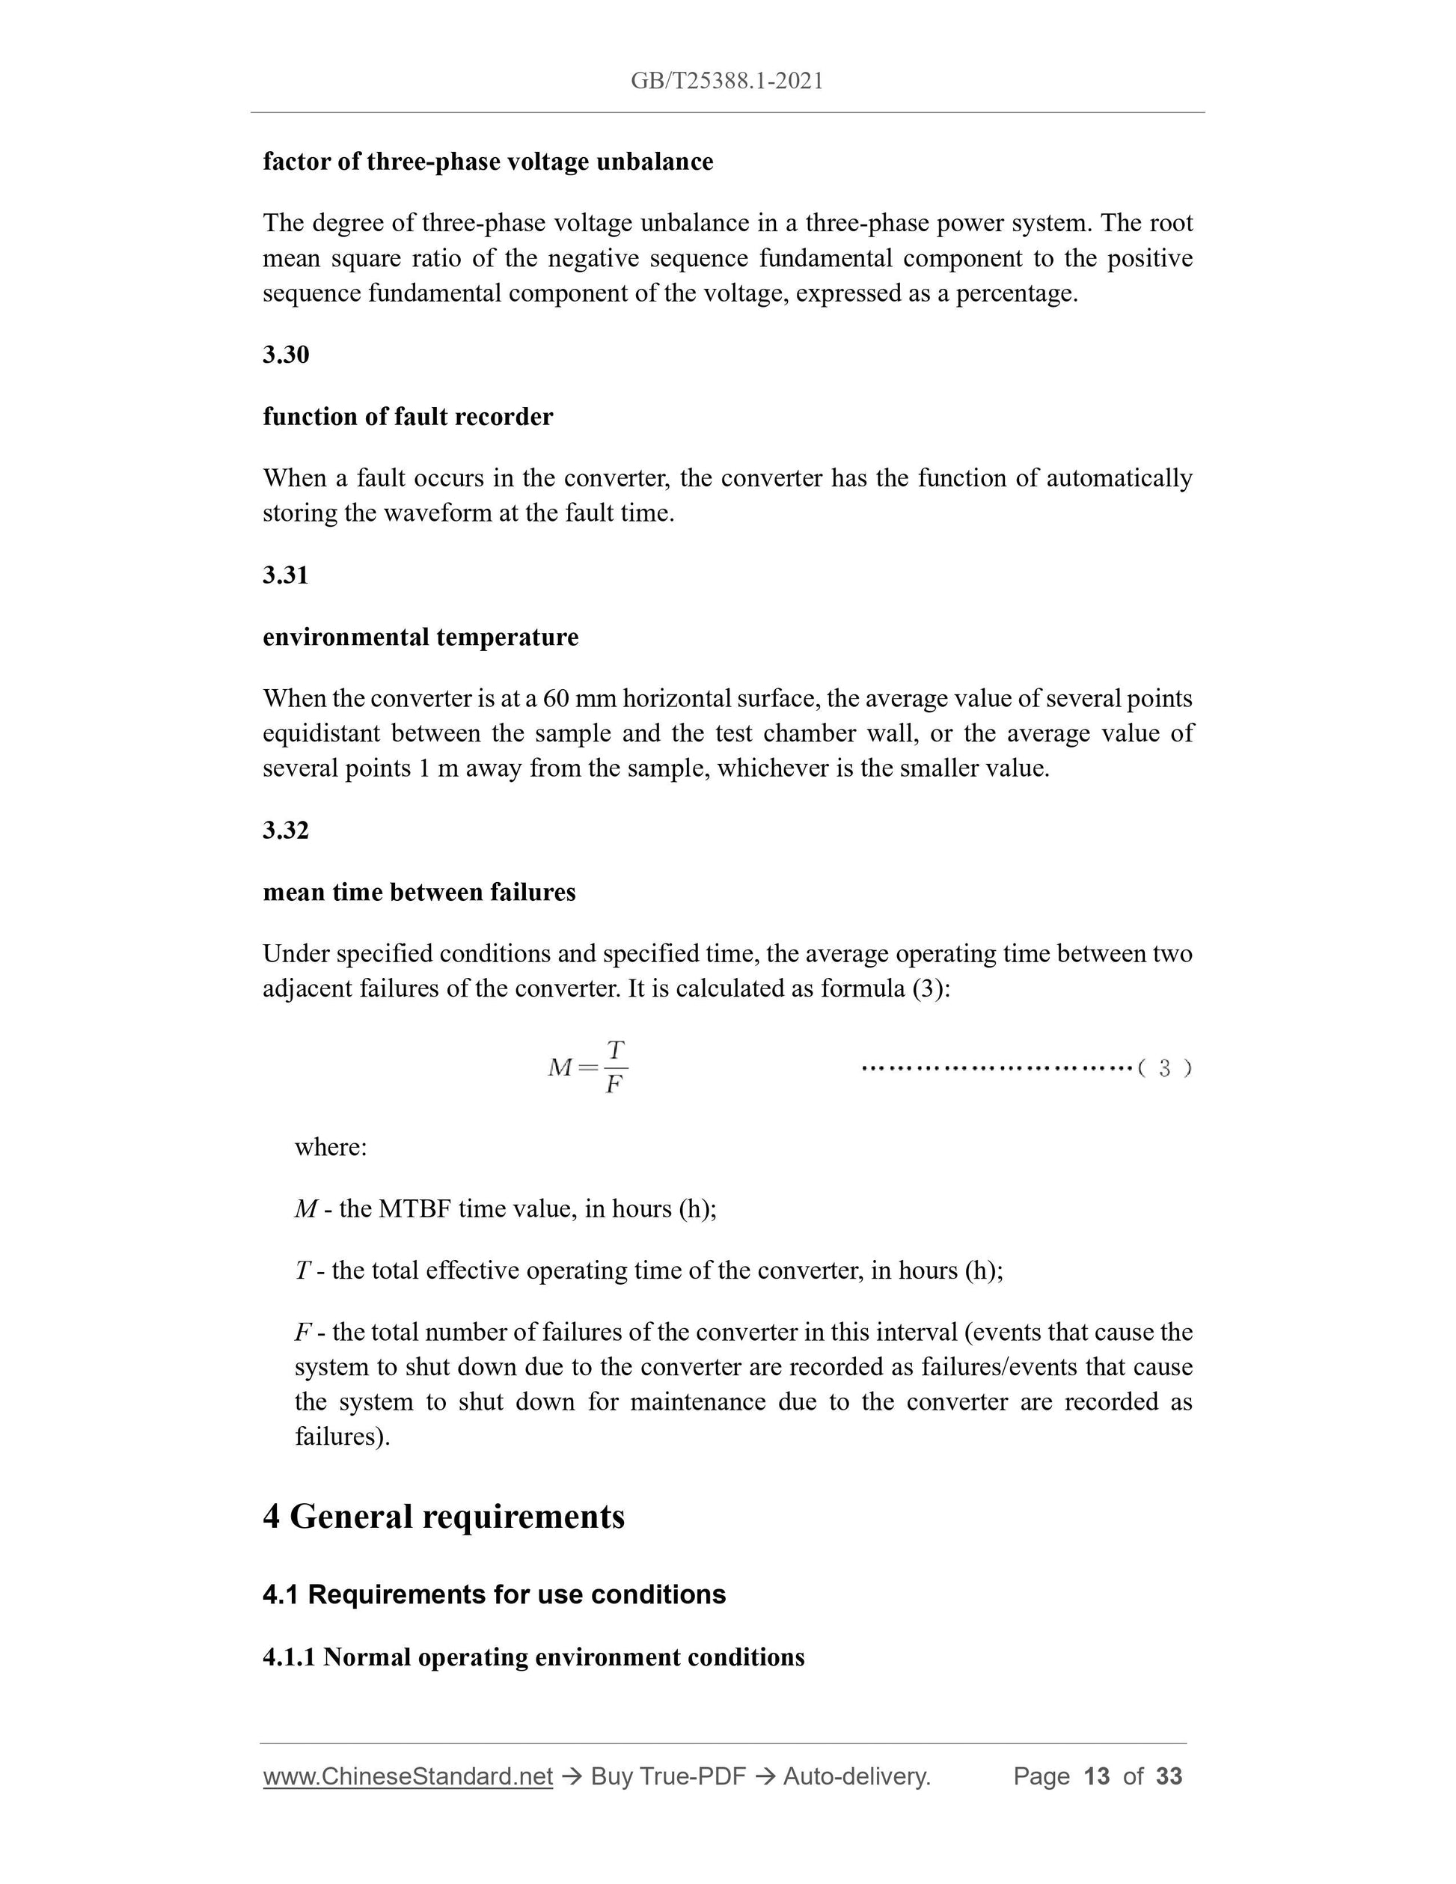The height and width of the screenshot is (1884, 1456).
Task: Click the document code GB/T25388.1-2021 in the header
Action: pos(727,81)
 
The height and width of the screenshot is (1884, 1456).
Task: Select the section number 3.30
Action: pos(286,355)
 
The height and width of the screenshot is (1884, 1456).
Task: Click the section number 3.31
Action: pos(286,575)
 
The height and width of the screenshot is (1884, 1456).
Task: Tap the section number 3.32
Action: pos(286,830)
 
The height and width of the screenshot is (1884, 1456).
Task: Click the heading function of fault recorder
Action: pos(407,417)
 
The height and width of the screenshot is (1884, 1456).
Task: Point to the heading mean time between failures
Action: pos(418,892)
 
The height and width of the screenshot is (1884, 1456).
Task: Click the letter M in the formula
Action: pos(560,1068)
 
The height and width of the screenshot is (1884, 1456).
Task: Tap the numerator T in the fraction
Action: pos(615,1050)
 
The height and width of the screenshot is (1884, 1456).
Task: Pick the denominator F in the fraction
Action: pos(614,1085)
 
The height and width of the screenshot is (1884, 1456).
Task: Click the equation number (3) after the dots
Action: pos(1164,1068)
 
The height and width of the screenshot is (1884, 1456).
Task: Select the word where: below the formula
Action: pos(331,1147)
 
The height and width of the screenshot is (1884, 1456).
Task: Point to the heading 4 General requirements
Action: pos(444,1517)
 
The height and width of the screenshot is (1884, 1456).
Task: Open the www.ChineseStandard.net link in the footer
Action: pos(407,1776)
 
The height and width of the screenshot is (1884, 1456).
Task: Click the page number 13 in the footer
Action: pos(1095,1776)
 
